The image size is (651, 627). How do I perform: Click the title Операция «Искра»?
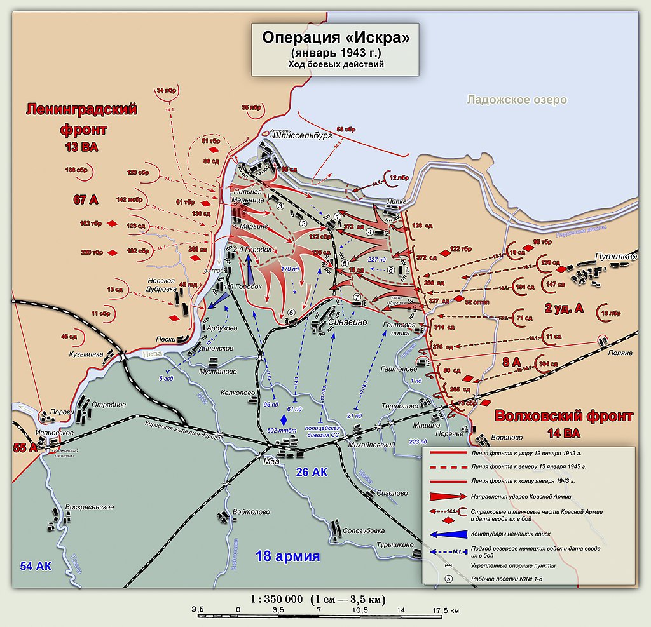click(336, 37)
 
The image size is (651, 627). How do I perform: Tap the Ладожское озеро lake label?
click(516, 100)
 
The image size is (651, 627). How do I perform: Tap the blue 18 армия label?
click(287, 556)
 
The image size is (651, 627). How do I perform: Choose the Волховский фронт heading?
click(564, 417)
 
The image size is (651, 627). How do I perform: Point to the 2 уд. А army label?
click(563, 309)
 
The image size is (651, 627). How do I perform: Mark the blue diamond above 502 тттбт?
click(284, 419)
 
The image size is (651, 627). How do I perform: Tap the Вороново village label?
click(507, 438)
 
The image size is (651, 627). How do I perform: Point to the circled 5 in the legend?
click(448, 579)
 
